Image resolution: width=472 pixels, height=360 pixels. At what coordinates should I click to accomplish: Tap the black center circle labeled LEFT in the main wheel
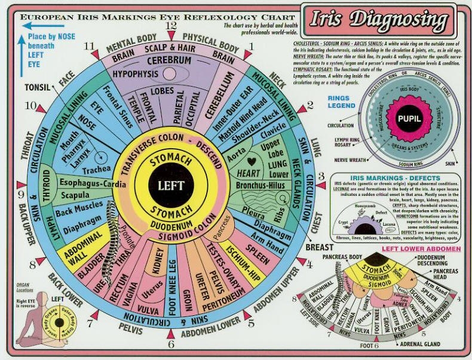click(x=171, y=186)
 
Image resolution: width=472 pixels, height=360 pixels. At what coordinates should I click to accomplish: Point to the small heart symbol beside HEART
click(x=252, y=161)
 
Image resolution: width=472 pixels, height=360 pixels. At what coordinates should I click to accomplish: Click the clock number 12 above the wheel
click(x=171, y=26)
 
